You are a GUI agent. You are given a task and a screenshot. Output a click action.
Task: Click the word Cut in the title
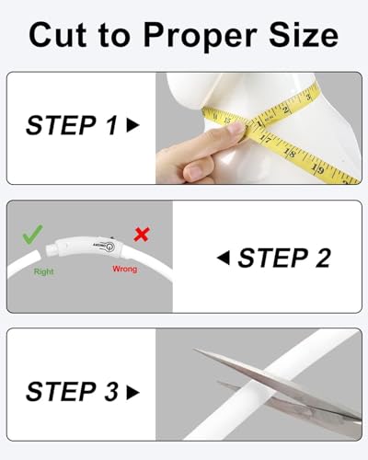point(57,36)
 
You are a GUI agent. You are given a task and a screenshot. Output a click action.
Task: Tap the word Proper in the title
point(200,39)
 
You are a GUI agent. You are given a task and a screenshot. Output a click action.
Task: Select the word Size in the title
point(304,35)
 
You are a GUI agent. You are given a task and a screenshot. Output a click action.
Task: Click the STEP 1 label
point(72,125)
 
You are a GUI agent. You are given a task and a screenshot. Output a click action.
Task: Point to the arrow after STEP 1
point(133,125)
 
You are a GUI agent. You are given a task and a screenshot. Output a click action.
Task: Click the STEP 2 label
point(284,258)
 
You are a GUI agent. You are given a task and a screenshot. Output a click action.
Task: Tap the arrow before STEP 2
point(223,258)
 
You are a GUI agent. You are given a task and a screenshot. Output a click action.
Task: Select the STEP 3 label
point(72,391)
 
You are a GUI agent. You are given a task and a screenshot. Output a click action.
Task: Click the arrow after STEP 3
point(133,392)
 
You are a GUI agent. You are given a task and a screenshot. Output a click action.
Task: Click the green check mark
point(32,235)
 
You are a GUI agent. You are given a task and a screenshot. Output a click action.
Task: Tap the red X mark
point(142,235)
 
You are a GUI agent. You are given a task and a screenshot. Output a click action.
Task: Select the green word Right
point(43,271)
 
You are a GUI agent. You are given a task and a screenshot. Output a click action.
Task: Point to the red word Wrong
point(124,270)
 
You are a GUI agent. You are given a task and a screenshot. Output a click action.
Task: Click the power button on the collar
point(109,247)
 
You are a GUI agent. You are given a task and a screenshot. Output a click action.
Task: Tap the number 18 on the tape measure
point(290,153)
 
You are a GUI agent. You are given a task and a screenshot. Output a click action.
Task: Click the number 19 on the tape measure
point(318,168)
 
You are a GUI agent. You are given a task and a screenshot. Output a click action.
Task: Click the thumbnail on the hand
point(194,172)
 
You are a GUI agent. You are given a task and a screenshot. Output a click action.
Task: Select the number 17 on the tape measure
point(266,139)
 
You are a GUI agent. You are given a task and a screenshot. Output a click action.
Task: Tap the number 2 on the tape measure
point(286,109)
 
